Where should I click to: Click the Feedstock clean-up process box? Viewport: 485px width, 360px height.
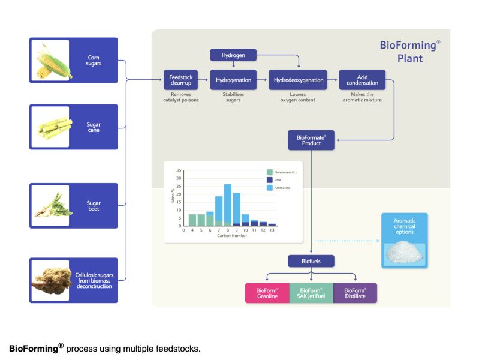tap(180, 80)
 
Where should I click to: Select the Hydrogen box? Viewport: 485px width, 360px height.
tap(233, 56)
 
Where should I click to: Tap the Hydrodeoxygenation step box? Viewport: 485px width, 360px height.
tap(299, 80)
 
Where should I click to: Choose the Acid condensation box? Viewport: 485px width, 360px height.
tap(362, 80)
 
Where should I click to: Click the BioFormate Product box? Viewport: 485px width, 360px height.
tap(311, 140)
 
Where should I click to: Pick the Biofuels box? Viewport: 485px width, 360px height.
tap(311, 262)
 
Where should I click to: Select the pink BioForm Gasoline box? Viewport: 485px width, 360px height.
tap(267, 293)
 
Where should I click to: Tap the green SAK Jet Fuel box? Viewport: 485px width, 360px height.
tap(311, 293)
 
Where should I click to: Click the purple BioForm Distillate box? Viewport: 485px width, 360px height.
tap(355, 293)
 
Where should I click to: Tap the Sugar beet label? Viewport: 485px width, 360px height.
tap(94, 206)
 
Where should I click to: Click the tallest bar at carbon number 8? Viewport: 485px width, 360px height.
tap(228, 204)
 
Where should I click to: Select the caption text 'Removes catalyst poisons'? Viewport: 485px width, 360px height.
tap(180, 97)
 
